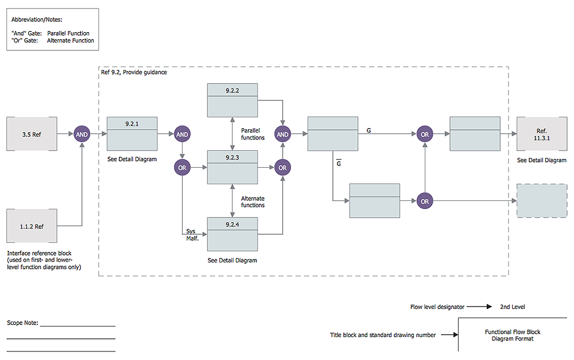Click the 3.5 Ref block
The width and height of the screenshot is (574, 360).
click(x=32, y=134)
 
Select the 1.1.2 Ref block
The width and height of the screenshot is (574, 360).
click(x=32, y=226)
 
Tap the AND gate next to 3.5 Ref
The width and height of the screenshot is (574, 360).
click(x=82, y=134)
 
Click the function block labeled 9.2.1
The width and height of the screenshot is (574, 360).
click(x=132, y=133)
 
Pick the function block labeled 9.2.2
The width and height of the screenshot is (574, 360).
click(x=232, y=100)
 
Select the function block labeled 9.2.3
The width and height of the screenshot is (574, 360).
click(x=232, y=167)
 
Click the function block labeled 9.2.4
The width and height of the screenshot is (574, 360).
click(x=232, y=234)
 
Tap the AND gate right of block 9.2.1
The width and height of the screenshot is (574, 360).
click(x=182, y=134)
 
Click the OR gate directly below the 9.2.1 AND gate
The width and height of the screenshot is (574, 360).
click(x=182, y=168)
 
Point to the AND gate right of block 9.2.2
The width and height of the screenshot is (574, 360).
click(x=282, y=134)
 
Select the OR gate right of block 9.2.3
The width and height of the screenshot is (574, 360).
click(x=282, y=168)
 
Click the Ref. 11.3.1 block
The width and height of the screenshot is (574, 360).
click(x=541, y=134)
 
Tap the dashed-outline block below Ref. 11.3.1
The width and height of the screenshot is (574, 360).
click(x=541, y=201)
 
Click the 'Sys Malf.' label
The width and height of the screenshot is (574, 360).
click(x=192, y=235)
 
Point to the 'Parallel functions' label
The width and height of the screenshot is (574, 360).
click(x=253, y=134)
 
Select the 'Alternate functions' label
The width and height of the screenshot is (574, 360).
click(x=253, y=202)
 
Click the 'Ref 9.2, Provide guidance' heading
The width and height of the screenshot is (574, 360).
click(x=134, y=73)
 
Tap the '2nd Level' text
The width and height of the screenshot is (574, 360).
click(x=512, y=307)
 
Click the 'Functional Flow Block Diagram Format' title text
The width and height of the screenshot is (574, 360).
click(x=512, y=335)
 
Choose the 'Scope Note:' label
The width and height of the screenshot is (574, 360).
click(x=22, y=323)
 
